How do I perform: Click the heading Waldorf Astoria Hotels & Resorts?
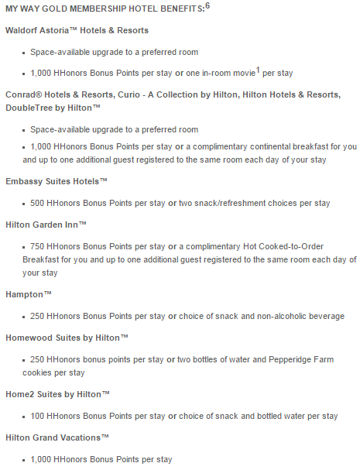click(77, 30)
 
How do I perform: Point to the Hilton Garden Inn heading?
click(46, 223)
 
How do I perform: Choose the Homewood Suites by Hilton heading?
click(67, 338)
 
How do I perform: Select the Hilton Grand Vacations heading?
click(57, 437)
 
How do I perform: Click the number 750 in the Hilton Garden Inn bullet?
click(39, 245)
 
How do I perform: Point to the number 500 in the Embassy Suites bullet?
click(39, 203)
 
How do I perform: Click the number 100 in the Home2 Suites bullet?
click(39, 416)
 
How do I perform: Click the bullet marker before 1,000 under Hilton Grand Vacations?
click(25, 460)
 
